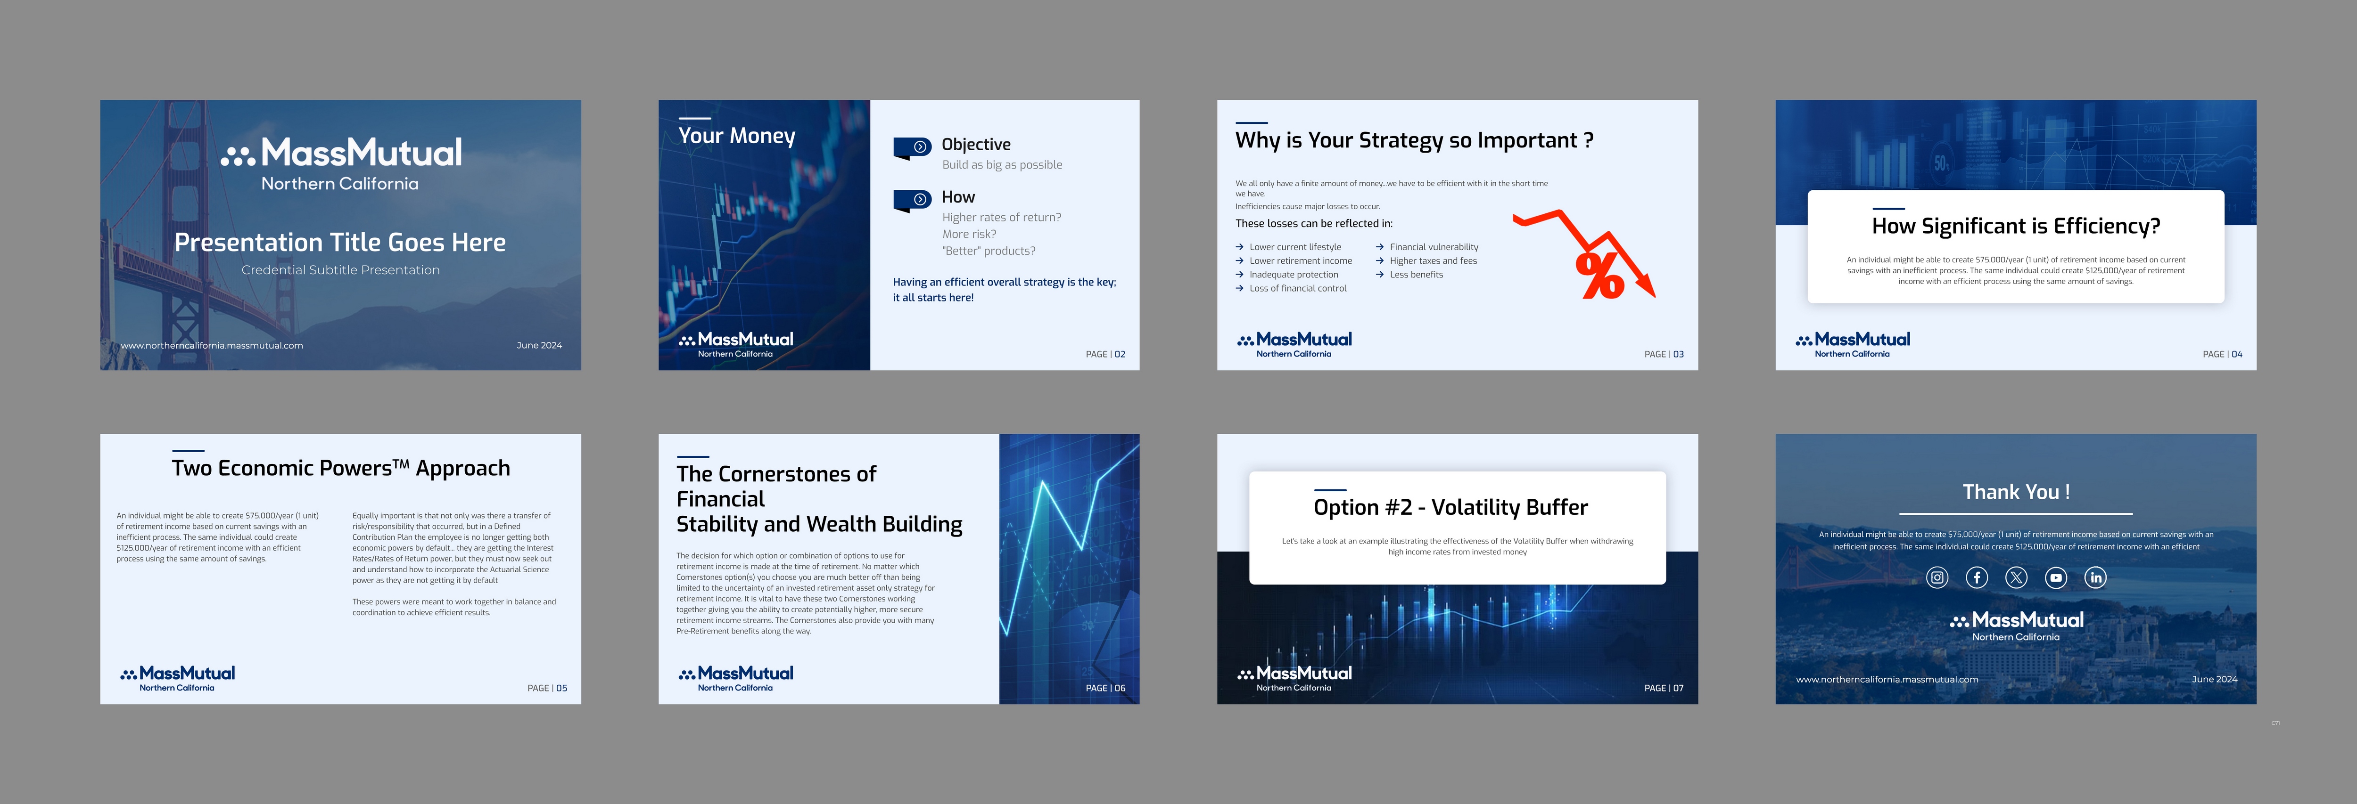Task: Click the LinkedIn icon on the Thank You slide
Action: coord(2095,577)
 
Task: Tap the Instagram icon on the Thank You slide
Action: coord(1937,577)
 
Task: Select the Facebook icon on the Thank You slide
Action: coord(1977,577)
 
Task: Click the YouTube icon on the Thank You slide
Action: coord(2056,577)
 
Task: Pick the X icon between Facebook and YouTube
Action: coord(2016,577)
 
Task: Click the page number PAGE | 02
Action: coord(1105,354)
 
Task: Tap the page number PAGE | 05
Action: coord(547,688)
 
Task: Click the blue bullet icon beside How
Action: coord(912,199)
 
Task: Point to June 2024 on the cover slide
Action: coord(539,346)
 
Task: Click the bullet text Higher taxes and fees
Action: coord(1433,260)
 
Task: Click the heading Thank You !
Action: coord(2016,492)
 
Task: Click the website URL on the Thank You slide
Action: coord(1887,680)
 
